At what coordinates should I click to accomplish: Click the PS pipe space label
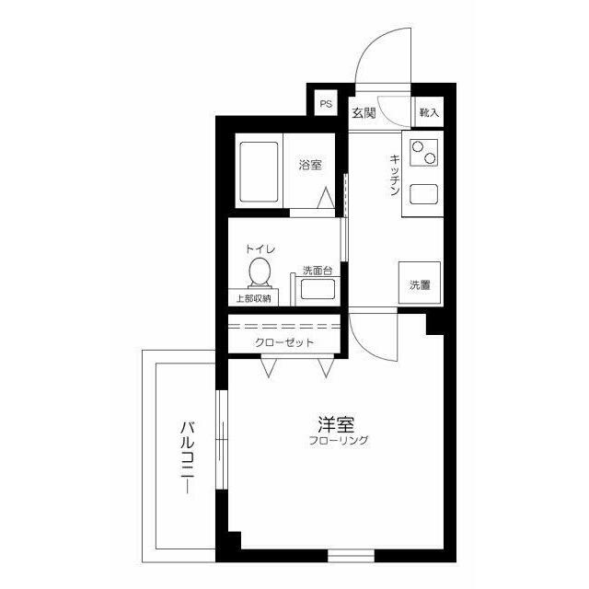point(326,104)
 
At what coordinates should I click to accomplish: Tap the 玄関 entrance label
point(364,112)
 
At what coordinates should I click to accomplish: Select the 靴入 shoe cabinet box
point(429,112)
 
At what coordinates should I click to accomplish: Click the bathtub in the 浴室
point(259,172)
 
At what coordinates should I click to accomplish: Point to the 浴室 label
point(310,165)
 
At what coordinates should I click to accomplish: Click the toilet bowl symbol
point(260,271)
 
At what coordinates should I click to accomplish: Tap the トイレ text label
point(260,249)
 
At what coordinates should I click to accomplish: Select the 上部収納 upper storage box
point(254,297)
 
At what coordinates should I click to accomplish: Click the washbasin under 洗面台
point(318,290)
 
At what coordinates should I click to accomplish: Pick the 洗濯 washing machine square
point(420,283)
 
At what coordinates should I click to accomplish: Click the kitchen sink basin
point(423,194)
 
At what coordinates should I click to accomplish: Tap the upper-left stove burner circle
point(417,146)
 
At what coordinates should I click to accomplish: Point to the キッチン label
point(394,175)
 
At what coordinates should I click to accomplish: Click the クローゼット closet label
point(284,342)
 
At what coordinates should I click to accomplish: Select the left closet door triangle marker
point(269,368)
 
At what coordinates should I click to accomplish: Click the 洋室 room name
point(335,424)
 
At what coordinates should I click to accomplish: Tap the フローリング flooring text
point(339,440)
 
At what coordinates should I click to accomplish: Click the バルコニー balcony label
point(187,457)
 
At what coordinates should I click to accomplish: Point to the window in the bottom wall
point(351,556)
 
